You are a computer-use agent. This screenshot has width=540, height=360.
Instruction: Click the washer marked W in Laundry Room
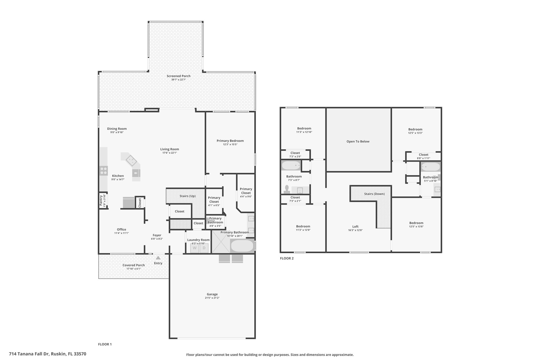195,248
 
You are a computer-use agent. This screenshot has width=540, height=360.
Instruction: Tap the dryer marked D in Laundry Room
204,248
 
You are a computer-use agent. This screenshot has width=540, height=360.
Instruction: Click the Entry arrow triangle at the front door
158,258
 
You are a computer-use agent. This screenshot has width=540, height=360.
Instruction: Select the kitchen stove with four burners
104,171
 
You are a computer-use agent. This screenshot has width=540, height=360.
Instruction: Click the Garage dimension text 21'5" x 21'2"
212,298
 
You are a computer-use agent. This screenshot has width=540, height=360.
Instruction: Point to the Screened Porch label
179,76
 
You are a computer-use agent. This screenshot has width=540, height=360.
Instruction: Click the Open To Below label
358,141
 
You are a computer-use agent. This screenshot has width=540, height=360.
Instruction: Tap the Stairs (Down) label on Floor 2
374,194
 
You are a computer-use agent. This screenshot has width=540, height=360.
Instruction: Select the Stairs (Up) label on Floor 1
187,196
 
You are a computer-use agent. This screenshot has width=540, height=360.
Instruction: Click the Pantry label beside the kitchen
101,200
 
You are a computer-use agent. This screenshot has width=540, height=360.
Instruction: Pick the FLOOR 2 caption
287,258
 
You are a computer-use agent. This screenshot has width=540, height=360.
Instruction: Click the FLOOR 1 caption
105,344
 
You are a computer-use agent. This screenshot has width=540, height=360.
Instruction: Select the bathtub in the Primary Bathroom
242,246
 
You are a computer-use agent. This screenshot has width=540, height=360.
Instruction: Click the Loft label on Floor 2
355,227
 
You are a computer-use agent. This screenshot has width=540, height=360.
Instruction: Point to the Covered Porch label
134,265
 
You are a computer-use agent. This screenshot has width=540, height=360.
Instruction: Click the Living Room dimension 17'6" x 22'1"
170,153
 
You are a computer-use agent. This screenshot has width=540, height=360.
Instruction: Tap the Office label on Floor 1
122,229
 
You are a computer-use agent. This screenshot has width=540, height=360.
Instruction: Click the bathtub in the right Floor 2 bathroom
430,167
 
